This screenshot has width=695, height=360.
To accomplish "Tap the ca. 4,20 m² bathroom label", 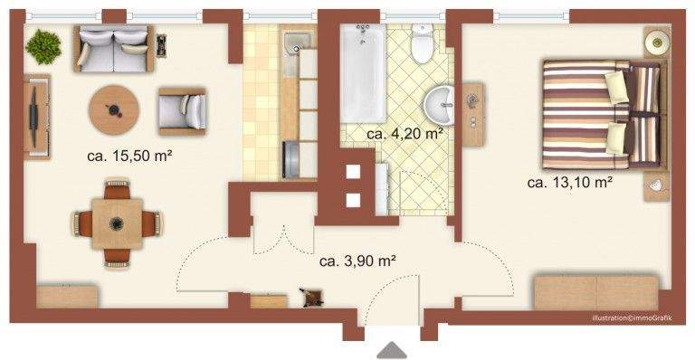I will click(405, 135).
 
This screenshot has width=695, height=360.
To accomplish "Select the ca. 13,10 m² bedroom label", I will click(570, 182).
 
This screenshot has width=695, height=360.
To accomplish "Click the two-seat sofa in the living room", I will click(111, 49).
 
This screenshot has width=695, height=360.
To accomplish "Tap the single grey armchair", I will click(182, 110).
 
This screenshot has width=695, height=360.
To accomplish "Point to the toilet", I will click(421, 44).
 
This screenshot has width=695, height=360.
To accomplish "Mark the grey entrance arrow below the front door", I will click(392, 350).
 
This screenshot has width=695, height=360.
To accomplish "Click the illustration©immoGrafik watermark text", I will click(633, 318).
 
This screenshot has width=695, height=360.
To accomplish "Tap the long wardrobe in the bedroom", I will click(595, 292).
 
